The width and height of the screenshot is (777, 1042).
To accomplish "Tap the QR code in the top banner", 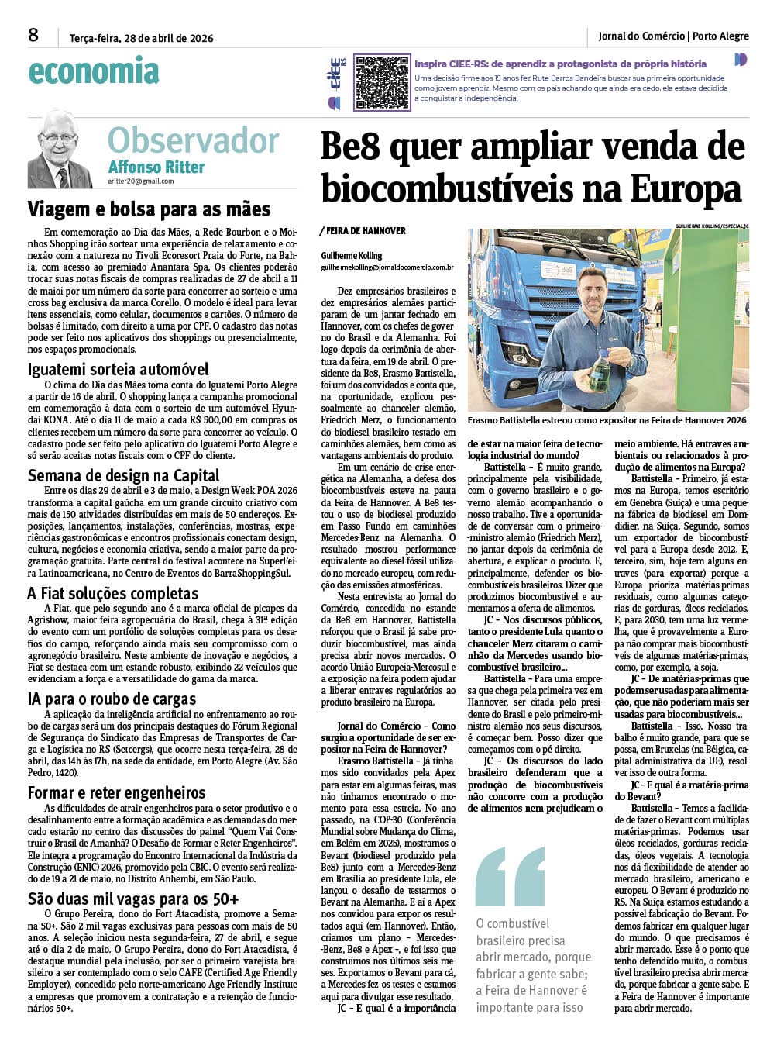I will [x=381, y=81].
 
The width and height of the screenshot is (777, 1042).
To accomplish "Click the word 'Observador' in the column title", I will [x=193, y=140].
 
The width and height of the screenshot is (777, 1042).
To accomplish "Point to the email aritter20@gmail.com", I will [x=141, y=181].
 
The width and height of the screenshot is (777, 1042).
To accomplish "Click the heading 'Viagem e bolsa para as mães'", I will [x=149, y=209].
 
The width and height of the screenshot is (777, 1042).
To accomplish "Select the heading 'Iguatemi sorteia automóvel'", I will [x=119, y=369].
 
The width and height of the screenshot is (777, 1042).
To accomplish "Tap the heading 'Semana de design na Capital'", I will [x=124, y=475].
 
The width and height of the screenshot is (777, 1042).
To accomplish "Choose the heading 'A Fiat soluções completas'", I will [x=113, y=593].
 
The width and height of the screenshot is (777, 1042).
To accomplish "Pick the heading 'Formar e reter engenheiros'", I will [x=117, y=792].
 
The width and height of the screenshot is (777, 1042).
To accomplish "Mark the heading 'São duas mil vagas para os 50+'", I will [x=133, y=899].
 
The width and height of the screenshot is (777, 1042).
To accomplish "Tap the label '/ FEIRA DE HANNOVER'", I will [x=363, y=231].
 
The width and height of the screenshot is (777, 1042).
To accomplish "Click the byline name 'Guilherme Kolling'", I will [x=352, y=255].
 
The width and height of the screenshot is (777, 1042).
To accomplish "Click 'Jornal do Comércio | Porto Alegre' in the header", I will [x=673, y=36].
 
